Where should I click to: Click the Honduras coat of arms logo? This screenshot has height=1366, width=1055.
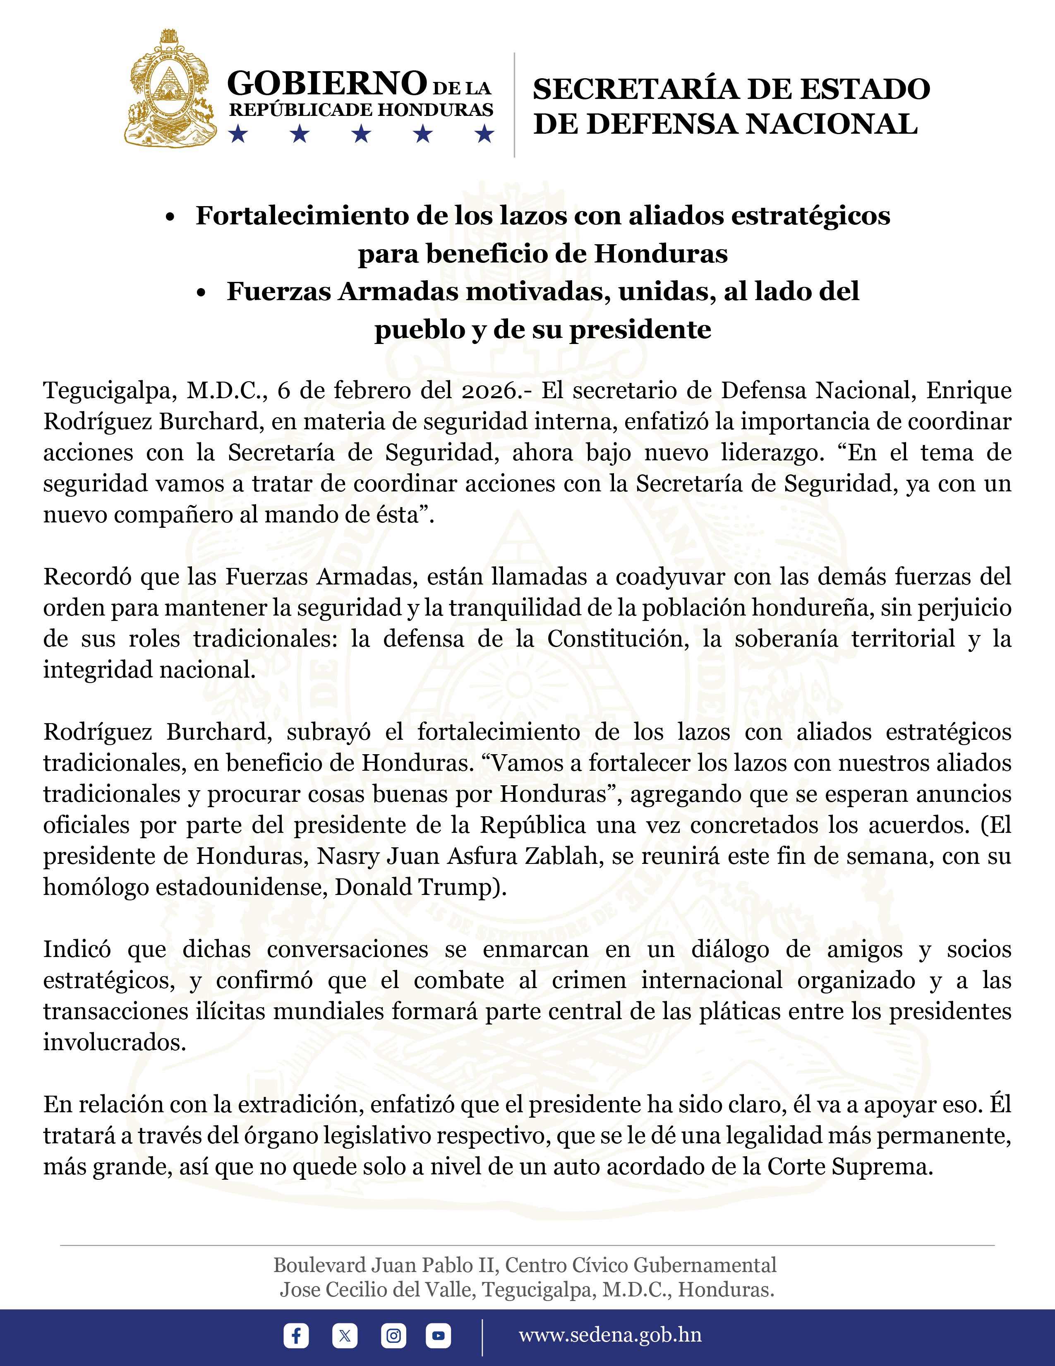170,89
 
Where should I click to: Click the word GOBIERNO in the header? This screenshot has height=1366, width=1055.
327,83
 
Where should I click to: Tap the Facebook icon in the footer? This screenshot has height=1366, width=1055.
296,1336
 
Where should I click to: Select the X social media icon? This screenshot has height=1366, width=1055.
344,1336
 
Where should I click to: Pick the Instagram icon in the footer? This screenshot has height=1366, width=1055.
393,1336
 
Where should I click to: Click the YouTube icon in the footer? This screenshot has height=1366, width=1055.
438,1336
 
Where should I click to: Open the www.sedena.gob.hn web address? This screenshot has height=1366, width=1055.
610,1335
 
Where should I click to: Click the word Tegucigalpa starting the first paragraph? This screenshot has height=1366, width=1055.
108,391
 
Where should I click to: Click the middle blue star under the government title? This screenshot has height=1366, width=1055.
361,134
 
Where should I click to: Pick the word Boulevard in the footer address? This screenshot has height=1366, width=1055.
319,1265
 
